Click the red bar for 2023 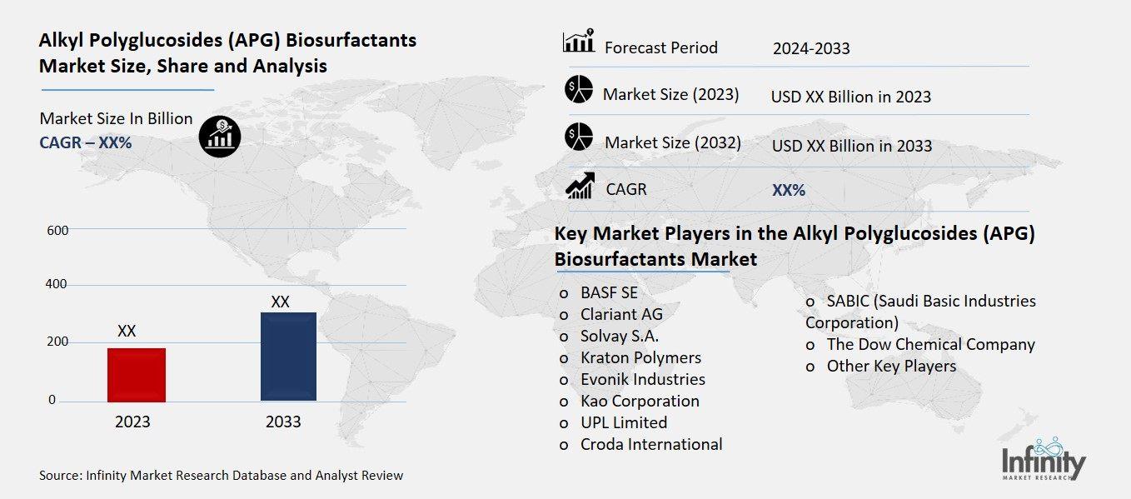[136, 374]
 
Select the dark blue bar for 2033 [288, 356]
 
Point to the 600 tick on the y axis [57, 230]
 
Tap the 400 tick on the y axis [57, 285]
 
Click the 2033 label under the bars [283, 422]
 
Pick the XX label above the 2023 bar [127, 331]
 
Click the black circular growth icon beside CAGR [220, 136]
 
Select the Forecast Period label [660, 47]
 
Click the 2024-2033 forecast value [811, 48]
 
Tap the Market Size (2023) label [670, 94]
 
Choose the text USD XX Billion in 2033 [851, 146]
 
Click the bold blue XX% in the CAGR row [789, 190]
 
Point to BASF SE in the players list [609, 292]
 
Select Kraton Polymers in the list [640, 357]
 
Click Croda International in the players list [651, 444]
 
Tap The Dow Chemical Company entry [930, 344]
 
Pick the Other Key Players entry [891, 366]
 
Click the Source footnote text [221, 476]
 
